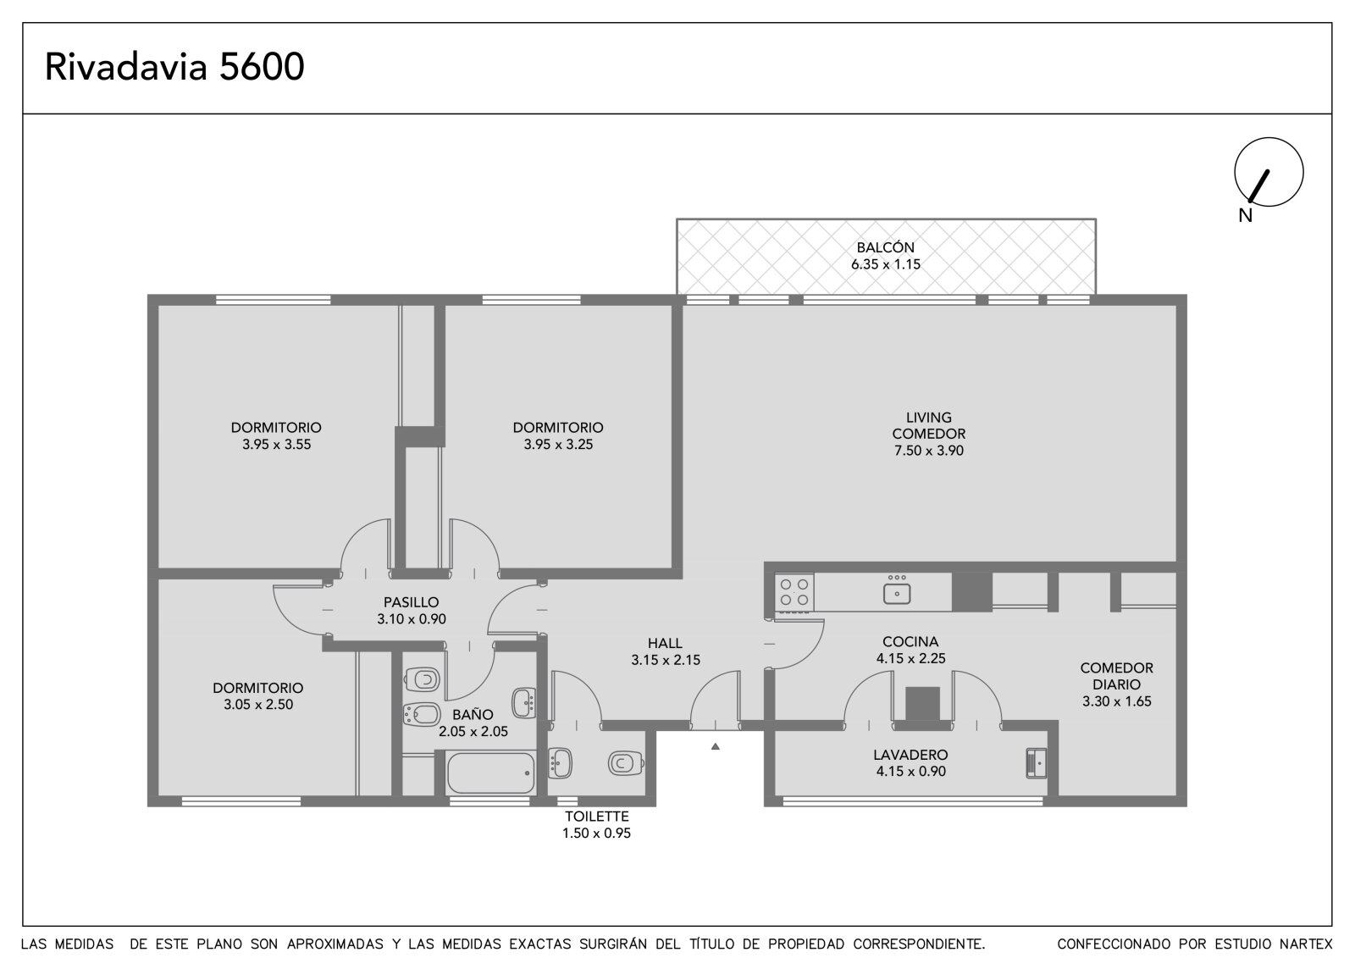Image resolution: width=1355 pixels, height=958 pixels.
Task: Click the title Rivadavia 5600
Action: [x=174, y=67]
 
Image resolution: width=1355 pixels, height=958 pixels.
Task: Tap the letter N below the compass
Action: [x=1245, y=216]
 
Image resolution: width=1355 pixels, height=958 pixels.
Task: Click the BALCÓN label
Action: [x=885, y=247]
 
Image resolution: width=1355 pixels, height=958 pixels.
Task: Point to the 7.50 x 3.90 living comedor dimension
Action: [x=928, y=451]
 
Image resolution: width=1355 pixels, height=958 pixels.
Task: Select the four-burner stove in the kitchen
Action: [x=794, y=592]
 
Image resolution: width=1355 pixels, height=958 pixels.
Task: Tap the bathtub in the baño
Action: [x=490, y=772]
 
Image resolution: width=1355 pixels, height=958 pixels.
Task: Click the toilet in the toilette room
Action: [x=625, y=763]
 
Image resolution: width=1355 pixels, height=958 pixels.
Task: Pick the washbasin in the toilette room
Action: [x=560, y=763]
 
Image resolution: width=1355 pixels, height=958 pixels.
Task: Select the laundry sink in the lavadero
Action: [x=1037, y=763]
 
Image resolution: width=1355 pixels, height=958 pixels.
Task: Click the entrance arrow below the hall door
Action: [x=715, y=747]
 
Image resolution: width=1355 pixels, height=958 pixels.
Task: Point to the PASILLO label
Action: [x=412, y=602]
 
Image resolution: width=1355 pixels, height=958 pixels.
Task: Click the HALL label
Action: [x=665, y=643]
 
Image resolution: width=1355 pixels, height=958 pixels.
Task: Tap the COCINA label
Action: [x=910, y=641]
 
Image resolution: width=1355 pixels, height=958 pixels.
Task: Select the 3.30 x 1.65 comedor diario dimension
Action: [x=1117, y=701]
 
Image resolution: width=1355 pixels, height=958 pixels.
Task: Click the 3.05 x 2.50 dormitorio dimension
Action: [x=258, y=705]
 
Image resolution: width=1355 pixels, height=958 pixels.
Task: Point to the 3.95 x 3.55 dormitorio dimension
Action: [x=276, y=444]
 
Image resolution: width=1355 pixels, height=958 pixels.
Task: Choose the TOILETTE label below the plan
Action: [x=597, y=817]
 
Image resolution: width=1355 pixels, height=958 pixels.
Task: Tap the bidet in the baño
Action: [x=422, y=715]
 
